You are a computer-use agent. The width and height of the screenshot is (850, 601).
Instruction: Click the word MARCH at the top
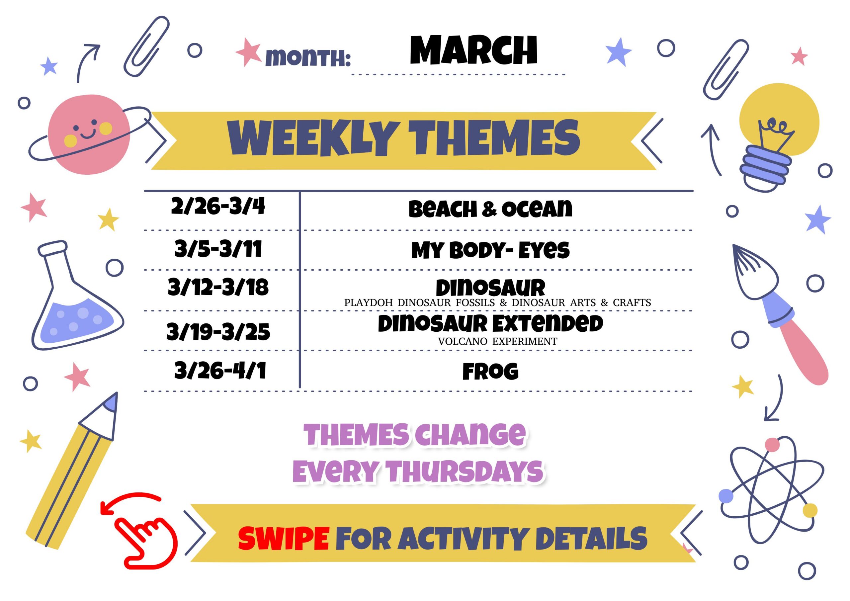473,50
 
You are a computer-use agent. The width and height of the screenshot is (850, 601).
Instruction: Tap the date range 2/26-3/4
218,206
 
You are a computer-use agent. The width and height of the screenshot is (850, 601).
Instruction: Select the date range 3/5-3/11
218,249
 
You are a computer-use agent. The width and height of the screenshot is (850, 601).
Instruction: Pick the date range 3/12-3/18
218,287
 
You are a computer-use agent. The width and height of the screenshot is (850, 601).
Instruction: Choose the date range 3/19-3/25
218,331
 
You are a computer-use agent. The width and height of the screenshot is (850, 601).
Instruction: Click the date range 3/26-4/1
220,370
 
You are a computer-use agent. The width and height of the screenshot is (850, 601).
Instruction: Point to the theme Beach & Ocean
490,209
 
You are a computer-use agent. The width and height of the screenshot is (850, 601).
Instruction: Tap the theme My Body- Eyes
490,250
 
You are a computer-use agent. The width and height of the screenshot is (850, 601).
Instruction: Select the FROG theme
490,372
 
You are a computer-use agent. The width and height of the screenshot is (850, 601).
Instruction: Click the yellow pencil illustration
72,470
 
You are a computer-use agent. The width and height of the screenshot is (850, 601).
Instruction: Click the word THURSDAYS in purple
464,472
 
